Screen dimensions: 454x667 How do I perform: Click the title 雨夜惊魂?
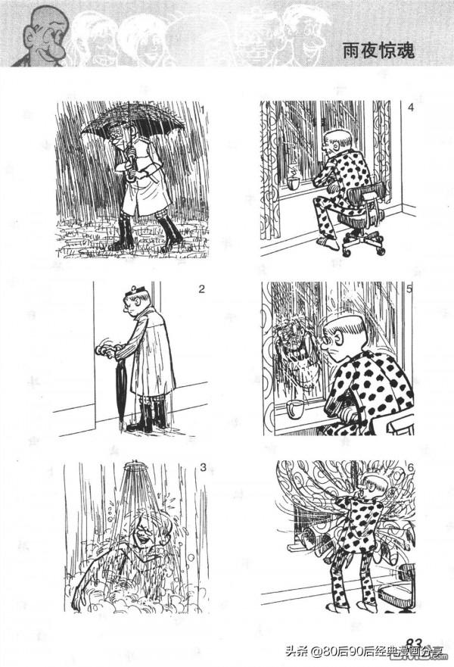coord(378,51)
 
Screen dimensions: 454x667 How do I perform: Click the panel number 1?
coord(203,111)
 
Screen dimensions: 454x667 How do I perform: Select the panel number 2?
coord(201,289)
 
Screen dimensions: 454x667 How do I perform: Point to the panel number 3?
coord(203,467)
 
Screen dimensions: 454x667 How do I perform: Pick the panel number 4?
coord(410,108)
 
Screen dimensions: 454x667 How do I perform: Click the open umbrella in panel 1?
coord(133,123)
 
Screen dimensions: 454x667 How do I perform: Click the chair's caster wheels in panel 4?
coord(364,250)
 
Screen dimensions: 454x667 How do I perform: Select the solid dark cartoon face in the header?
coord(42,37)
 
